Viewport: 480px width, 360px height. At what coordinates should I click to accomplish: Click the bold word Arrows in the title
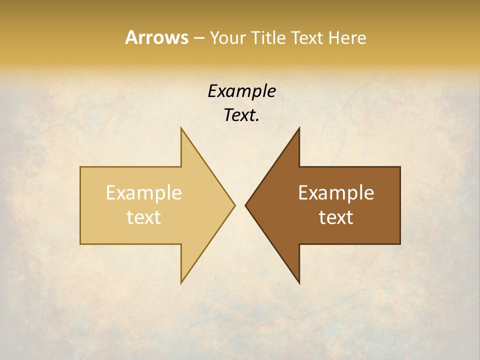pos(156,37)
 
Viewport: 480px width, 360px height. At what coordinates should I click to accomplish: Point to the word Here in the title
pos(347,37)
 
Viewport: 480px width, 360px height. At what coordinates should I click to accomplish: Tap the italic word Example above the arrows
pos(241,91)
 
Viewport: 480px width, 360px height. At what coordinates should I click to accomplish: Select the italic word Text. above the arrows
pos(241,115)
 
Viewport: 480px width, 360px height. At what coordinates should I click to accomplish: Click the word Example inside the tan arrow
pos(144,193)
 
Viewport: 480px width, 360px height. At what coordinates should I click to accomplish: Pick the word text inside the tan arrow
pos(144,217)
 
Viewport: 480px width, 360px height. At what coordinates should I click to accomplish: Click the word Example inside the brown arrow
pos(336,193)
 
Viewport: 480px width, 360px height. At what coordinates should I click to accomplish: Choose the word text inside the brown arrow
pos(336,217)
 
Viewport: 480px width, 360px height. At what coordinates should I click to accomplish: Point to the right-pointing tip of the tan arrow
pos(234,205)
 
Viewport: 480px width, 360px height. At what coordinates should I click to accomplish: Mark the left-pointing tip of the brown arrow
pos(245,205)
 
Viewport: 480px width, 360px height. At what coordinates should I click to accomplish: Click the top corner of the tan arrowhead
pos(181,128)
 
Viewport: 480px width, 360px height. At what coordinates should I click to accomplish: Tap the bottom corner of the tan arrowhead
pos(181,283)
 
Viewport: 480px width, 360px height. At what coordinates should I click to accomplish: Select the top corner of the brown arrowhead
pos(299,128)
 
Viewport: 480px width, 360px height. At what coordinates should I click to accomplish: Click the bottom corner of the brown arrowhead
pos(299,283)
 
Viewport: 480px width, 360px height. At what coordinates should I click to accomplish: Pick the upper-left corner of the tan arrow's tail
pos(80,167)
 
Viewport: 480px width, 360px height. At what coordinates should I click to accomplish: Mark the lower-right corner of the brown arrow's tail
pos(400,243)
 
